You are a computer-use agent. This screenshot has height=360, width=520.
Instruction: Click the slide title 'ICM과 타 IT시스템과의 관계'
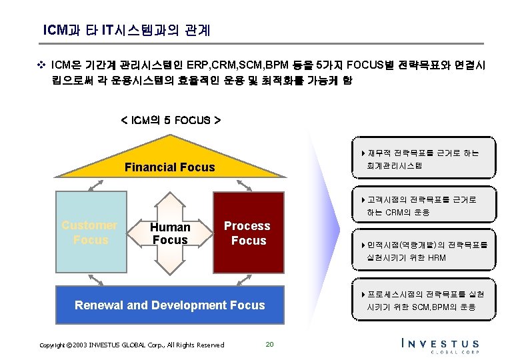click(126, 30)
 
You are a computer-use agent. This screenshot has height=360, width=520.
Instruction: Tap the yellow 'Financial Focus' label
click(169, 167)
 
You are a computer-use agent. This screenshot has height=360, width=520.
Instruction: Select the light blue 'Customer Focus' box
click(90, 233)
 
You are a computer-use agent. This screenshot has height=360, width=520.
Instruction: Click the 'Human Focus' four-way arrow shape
click(170, 233)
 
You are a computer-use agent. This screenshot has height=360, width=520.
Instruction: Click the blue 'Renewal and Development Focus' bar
click(169, 305)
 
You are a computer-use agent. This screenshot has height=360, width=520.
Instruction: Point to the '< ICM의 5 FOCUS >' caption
click(171, 121)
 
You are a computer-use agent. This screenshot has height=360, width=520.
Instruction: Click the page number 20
click(269, 344)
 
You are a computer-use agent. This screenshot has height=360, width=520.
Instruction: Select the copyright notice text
click(131, 345)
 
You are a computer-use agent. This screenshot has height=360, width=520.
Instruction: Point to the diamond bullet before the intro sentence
click(41, 66)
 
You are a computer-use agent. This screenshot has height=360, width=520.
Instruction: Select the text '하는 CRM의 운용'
click(398, 213)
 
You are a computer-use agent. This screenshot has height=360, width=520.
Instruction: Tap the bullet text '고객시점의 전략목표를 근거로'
click(421, 200)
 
